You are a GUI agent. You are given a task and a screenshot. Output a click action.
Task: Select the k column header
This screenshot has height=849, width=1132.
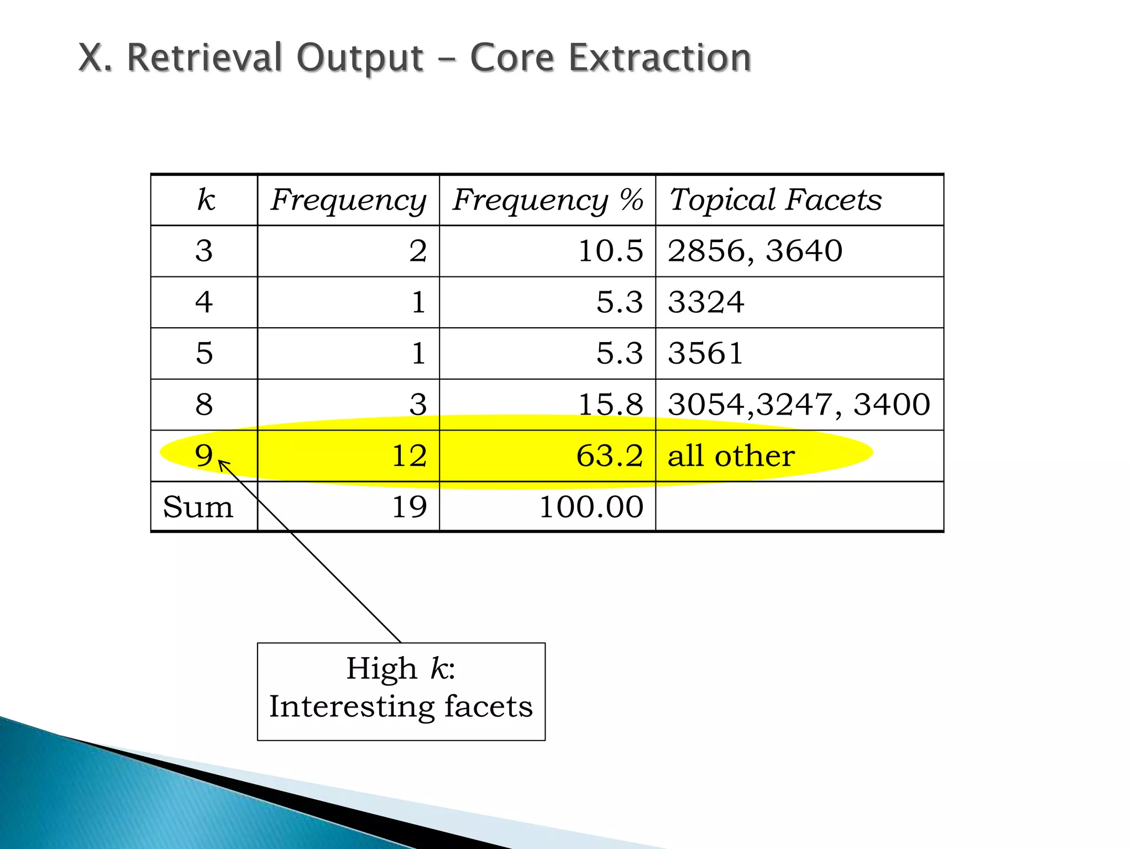[x=206, y=200]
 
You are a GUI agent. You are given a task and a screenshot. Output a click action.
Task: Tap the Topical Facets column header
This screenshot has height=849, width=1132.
[x=775, y=200]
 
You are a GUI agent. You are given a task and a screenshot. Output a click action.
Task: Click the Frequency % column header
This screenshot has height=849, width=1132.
[x=547, y=200]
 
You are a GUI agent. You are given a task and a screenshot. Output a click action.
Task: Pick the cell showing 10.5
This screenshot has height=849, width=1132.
[x=610, y=251]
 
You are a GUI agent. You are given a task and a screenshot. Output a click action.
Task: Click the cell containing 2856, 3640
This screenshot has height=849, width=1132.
[x=755, y=251]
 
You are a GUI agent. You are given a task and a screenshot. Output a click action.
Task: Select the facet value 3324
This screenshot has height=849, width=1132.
[x=706, y=302]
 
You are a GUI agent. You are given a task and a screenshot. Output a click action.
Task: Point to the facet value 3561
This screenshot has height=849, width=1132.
[x=705, y=353]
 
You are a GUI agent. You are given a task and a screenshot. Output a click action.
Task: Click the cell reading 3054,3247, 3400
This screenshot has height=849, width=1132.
[x=799, y=405]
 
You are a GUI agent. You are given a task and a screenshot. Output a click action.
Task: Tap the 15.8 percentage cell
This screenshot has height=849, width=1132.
[x=610, y=405]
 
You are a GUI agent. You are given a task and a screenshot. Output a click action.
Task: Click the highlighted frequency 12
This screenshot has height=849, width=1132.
[x=409, y=456]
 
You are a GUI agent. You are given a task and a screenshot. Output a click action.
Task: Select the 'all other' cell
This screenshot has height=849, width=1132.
[x=731, y=456]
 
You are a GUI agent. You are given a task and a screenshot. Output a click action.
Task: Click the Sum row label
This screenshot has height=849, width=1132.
[x=198, y=507]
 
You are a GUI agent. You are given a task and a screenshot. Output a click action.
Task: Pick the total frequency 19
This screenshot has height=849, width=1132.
[x=409, y=507]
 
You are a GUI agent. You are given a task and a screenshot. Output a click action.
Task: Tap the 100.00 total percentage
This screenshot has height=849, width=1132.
[x=591, y=507]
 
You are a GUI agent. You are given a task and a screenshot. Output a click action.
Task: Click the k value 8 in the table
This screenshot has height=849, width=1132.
[x=204, y=405]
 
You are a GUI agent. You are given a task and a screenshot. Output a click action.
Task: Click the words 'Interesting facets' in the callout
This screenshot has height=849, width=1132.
[x=401, y=706]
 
